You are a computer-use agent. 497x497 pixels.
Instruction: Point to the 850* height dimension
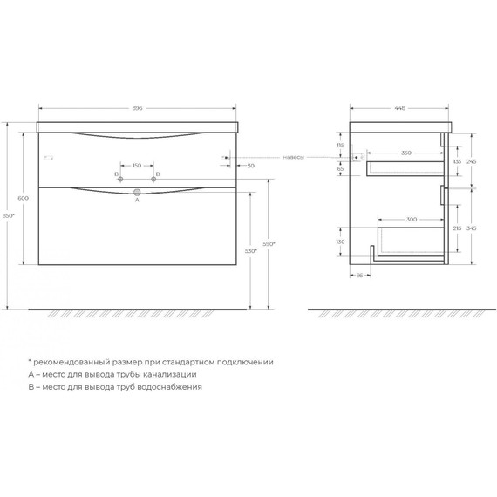tap(9, 215)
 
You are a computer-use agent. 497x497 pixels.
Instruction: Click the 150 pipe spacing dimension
tap(137, 164)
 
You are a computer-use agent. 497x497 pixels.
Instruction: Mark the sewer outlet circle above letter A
tap(137, 192)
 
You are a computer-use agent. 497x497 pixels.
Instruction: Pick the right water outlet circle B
tap(153, 180)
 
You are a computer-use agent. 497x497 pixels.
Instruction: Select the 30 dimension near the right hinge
tap(251, 166)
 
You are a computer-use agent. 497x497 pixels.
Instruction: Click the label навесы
tap(294, 158)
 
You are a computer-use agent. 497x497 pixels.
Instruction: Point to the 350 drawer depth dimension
tap(395, 153)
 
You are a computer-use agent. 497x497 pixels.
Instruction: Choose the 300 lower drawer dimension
tap(398, 220)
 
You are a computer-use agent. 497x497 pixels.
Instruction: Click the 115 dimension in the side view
tap(341, 146)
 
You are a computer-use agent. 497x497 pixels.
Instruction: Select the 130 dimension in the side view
tap(341, 242)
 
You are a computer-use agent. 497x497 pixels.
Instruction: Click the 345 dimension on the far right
tap(470, 227)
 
